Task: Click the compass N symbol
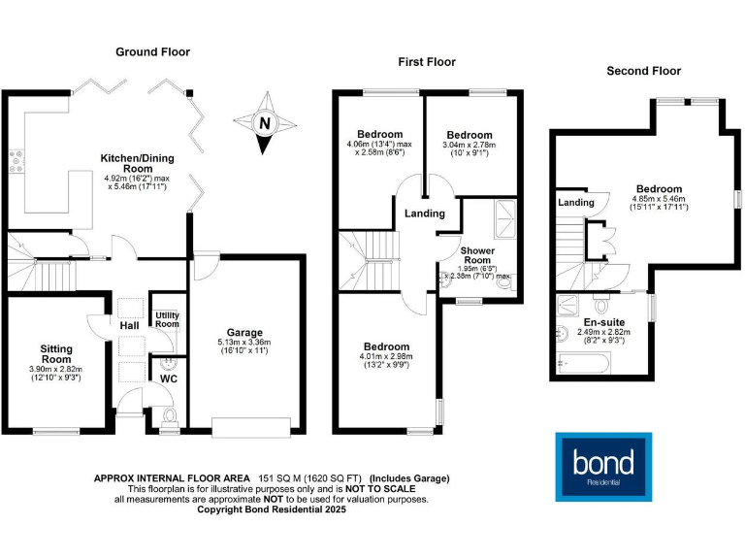click(x=263, y=123)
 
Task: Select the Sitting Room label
click(x=55, y=351)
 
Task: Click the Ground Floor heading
click(x=153, y=51)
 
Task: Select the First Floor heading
click(x=427, y=62)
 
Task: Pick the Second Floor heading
click(x=643, y=71)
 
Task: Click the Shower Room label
click(x=477, y=255)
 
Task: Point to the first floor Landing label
click(x=425, y=214)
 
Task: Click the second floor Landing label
click(x=576, y=203)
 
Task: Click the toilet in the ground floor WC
click(x=169, y=416)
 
